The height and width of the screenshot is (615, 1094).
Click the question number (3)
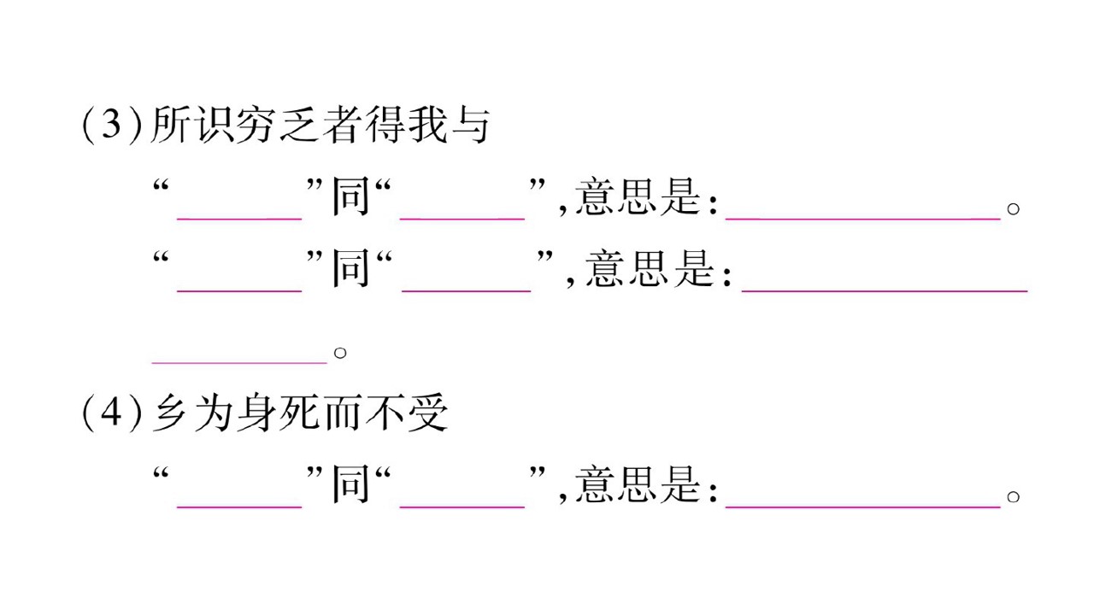coord(112,126)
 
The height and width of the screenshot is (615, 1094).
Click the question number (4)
coord(112,413)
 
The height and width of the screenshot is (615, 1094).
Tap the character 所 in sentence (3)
coord(170,125)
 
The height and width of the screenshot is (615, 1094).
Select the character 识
coord(214,125)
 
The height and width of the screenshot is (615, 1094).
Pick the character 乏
coord(299,125)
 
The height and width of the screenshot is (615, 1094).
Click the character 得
coord(385,125)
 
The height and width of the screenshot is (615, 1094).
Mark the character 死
coord(299,413)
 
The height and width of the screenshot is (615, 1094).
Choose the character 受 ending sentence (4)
coord(428,413)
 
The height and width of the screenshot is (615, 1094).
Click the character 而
coord(342,413)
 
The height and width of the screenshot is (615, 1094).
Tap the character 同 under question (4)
coord(350,484)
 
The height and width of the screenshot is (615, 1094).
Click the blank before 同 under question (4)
coord(239,507)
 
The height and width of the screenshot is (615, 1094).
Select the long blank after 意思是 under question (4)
coord(863,507)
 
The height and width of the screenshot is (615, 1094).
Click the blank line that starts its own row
coord(239,363)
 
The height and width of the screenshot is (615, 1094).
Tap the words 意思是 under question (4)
coord(638,484)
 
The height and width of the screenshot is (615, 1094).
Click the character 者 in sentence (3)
coord(342,125)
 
